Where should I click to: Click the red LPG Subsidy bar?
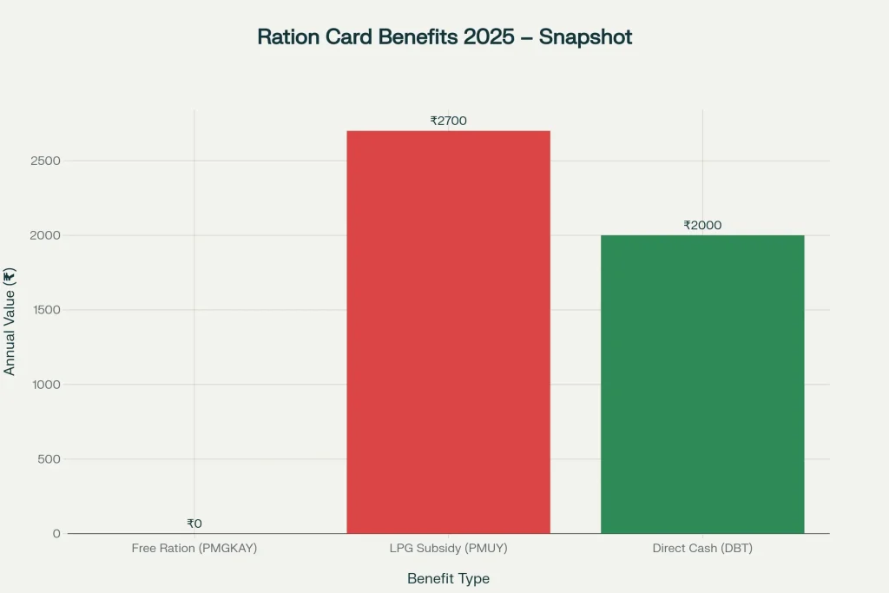tap(448, 332)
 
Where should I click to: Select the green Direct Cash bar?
tap(702, 384)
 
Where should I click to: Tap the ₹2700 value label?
tap(448, 121)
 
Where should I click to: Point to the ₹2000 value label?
tap(702, 225)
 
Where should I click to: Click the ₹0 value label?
tap(194, 524)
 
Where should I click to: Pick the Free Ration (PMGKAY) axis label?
tap(194, 549)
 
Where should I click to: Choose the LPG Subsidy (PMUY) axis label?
tap(448, 549)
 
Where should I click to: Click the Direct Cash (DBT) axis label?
tap(702, 549)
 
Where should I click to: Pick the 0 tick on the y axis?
tap(56, 533)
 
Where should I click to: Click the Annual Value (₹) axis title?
tap(10, 322)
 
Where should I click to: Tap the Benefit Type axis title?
tap(448, 578)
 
